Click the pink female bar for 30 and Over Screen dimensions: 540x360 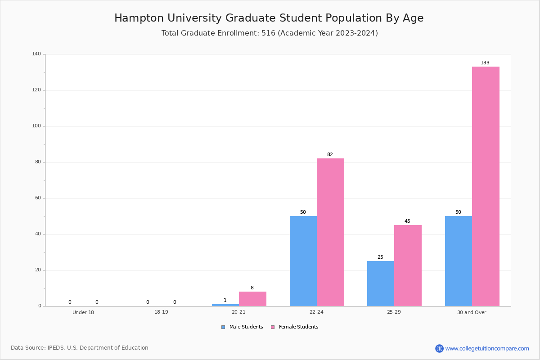click(x=486, y=186)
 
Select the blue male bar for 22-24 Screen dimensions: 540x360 click(x=303, y=261)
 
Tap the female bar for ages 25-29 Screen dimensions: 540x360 click(x=408, y=265)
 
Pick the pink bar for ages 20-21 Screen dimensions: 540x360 click(x=252, y=299)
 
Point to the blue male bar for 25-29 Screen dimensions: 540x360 click(x=381, y=283)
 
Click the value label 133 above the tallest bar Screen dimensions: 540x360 click(x=485, y=63)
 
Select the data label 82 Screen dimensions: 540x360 click(x=330, y=154)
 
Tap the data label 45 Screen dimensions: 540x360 click(x=407, y=221)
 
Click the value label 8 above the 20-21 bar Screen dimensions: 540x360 click(x=252, y=288)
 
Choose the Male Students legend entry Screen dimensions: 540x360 click(x=242, y=327)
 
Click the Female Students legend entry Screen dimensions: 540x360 click(x=295, y=327)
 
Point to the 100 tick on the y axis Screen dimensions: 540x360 click(x=36, y=126)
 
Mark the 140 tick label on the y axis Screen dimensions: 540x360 click(x=36, y=54)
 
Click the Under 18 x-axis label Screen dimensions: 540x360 click(x=83, y=312)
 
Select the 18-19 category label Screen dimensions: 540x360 click(x=161, y=312)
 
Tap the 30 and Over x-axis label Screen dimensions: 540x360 click(x=472, y=312)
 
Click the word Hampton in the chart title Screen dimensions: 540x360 click(x=139, y=18)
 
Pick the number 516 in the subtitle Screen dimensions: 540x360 click(x=268, y=33)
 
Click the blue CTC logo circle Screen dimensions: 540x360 click(x=439, y=348)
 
